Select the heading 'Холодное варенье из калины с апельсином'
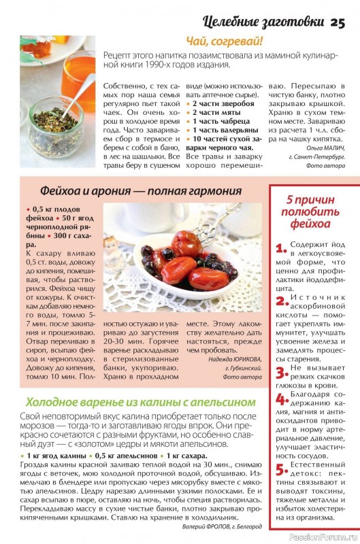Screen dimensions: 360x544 (x=140, y=401)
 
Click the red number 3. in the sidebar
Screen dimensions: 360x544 (x=280, y=371)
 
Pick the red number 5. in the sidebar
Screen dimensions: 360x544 (x=280, y=469)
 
